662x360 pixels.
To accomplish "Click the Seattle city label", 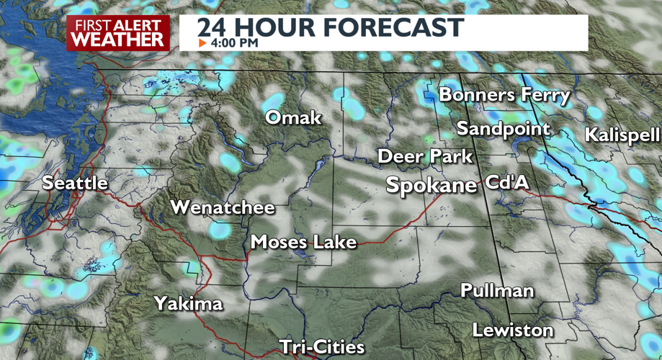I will [75, 183].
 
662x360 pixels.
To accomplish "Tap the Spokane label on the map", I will [431, 185].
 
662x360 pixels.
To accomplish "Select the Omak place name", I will [293, 117].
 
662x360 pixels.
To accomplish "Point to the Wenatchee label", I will [222, 208].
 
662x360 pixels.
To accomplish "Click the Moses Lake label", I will [303, 242].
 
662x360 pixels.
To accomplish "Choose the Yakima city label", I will [188, 304].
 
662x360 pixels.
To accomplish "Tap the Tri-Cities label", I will [322, 346].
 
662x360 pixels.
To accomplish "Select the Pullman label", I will [497, 291].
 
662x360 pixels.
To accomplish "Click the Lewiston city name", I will [512, 330].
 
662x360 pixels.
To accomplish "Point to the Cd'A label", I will [507, 183].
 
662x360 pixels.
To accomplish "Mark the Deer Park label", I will [425, 156].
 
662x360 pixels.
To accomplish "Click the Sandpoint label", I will [503, 129].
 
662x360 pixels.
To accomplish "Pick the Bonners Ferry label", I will [504, 94].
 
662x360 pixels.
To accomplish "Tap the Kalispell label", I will [622, 135].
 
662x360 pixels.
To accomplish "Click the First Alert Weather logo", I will [118, 33].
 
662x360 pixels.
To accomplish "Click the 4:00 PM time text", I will [234, 43].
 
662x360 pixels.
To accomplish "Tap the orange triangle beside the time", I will [202, 43].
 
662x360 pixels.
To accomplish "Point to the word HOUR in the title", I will [277, 27].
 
